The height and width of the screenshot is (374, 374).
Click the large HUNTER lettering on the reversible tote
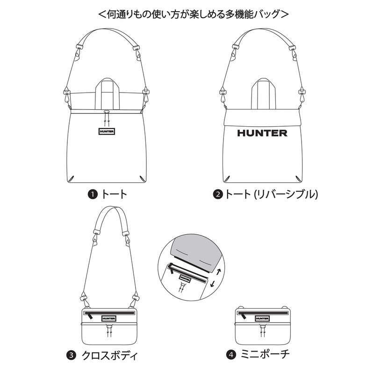tap(262, 133)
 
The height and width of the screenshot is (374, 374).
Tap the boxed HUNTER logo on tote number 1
tap(107, 131)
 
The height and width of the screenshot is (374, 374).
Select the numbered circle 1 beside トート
tap(93, 194)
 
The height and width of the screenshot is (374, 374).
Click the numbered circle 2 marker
tap(218, 194)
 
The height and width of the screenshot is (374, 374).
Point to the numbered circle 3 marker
tap(71, 356)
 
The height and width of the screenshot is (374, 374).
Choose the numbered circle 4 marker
tap(231, 355)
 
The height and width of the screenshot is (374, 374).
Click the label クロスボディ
tap(110, 356)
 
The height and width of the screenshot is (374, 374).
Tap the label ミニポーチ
tap(265, 354)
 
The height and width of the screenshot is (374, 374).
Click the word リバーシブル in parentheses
tap(286, 194)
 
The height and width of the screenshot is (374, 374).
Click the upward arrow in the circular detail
tap(219, 272)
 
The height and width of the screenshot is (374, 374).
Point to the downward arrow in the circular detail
tap(212, 284)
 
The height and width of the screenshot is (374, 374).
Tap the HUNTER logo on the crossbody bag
tap(109, 318)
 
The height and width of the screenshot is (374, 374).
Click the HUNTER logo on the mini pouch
tap(262, 318)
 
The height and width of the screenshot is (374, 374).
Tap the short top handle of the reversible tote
tap(264, 94)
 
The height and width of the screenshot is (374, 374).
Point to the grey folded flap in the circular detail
tap(195, 253)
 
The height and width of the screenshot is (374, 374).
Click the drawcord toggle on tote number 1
tap(107, 111)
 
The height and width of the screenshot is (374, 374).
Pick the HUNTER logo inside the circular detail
tap(185, 279)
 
